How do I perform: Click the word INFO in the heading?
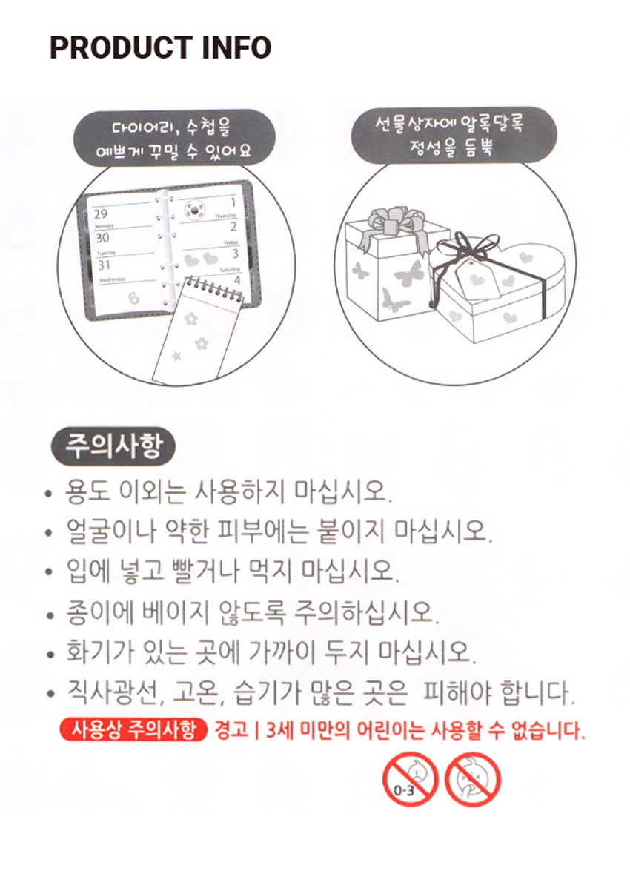[236, 47]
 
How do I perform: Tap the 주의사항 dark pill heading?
[113, 446]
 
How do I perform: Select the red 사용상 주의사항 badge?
[133, 730]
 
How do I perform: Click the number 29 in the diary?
[100, 214]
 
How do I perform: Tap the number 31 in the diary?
[104, 265]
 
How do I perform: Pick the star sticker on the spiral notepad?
[176, 355]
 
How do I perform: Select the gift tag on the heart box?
[478, 281]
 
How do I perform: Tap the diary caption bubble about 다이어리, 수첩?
[174, 137]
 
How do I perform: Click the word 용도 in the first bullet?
[87, 491]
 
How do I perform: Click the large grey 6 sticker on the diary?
[134, 298]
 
